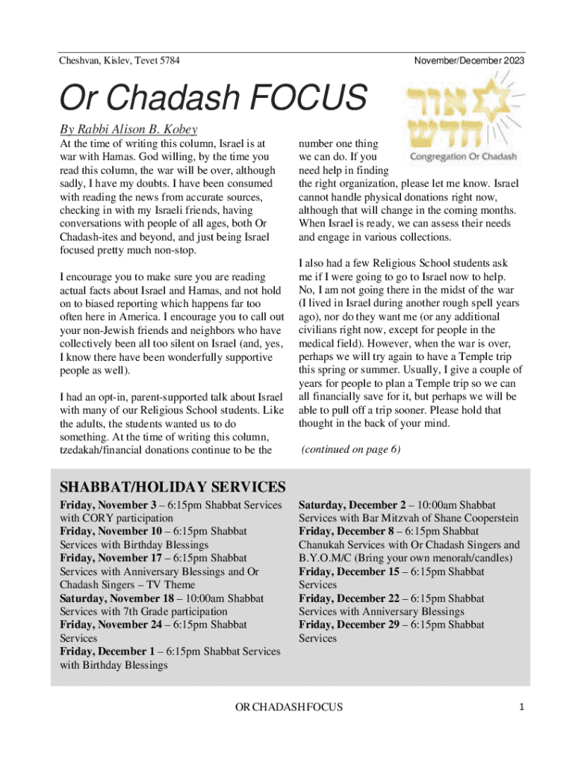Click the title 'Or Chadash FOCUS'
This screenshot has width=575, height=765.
(213, 99)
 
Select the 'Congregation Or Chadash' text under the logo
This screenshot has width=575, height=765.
(463, 158)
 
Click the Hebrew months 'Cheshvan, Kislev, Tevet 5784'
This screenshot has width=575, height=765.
(119, 59)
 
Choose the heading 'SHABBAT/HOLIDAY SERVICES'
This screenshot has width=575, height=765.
(172, 487)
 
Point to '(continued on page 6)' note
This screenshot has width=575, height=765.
(350, 450)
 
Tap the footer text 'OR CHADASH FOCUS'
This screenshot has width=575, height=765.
(289, 707)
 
